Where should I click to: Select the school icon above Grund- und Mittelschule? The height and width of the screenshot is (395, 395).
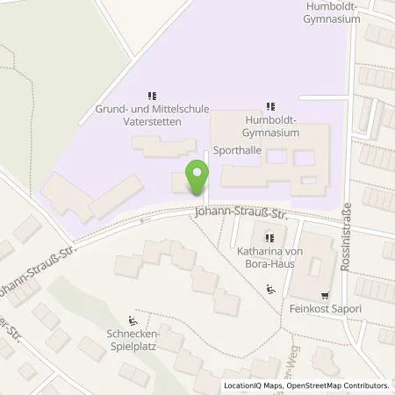(x=152, y=96)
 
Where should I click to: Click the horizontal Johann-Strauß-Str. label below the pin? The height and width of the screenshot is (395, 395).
(x=241, y=212)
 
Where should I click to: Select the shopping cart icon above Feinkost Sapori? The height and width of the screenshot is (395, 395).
(x=324, y=295)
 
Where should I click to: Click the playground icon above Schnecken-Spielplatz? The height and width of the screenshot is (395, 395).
(x=132, y=320)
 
